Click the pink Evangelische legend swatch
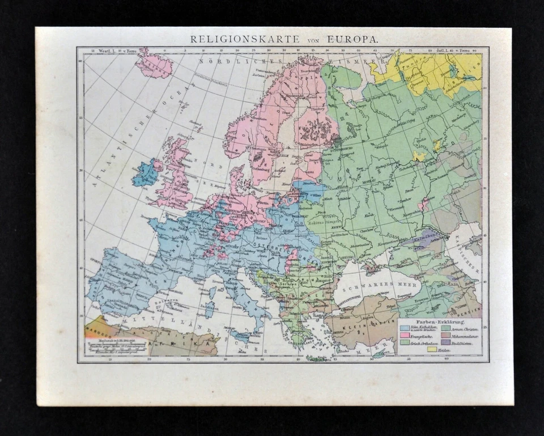click(403, 336)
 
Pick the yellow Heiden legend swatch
click(432, 349)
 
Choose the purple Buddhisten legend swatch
click(445, 342)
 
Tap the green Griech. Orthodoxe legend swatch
click(403, 342)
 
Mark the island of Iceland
click(153, 65)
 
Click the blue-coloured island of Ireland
click(146, 173)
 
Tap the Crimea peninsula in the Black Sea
click(374, 264)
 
